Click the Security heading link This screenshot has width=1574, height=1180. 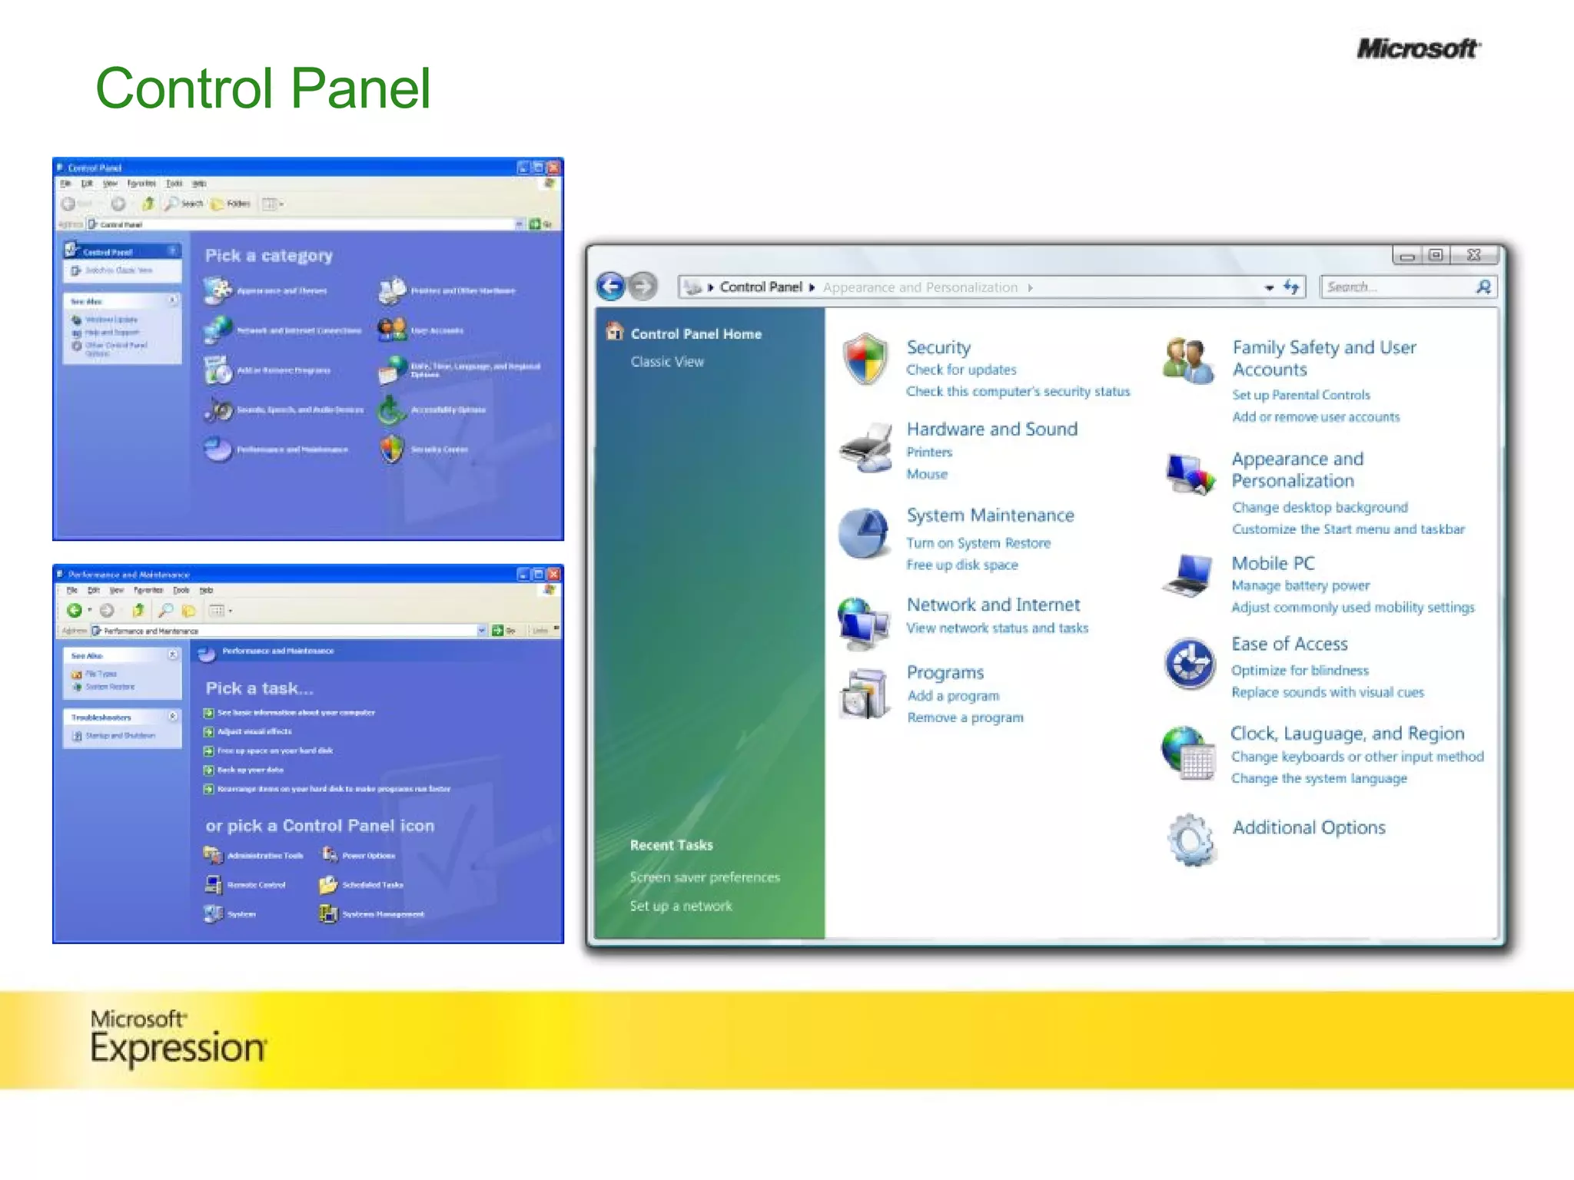point(938,348)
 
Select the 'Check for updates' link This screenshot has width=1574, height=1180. point(961,370)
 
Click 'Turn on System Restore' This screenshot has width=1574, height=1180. point(978,543)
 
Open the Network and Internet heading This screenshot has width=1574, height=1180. point(993,605)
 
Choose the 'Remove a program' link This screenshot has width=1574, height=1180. point(965,718)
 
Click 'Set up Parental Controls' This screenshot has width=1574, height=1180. point(1300,395)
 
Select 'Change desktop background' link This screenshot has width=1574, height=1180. point(1320,508)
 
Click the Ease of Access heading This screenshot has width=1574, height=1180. point(1289,645)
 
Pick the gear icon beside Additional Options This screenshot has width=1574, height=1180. point(1190,840)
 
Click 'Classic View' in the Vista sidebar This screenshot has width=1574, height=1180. point(667,362)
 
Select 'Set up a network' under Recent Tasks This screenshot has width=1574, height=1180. point(681,907)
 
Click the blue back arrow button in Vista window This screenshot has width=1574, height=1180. point(612,287)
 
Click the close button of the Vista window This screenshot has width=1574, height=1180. point(1473,255)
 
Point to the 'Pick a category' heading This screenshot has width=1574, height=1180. point(269,256)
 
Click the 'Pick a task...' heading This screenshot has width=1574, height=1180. point(259,688)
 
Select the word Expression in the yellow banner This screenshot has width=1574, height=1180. point(178,1049)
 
